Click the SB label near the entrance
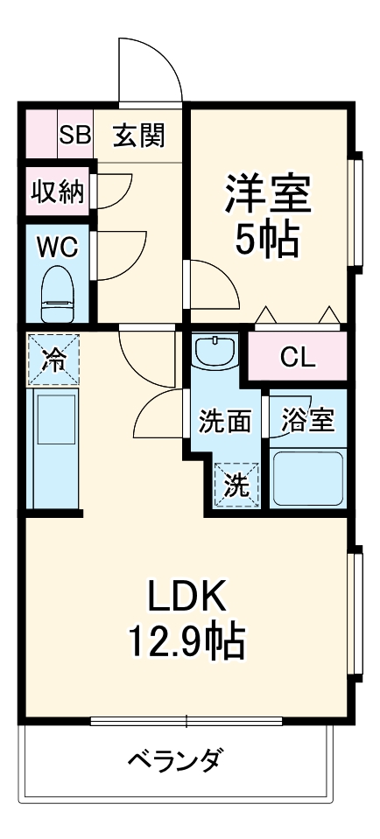click(x=75, y=136)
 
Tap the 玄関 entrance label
click(x=138, y=136)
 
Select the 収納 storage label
click(x=58, y=191)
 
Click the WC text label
click(x=58, y=247)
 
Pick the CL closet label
click(x=298, y=357)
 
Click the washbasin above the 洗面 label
click(x=215, y=354)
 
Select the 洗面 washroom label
click(x=225, y=421)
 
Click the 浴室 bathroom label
click(x=307, y=421)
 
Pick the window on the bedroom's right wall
click(x=356, y=210)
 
